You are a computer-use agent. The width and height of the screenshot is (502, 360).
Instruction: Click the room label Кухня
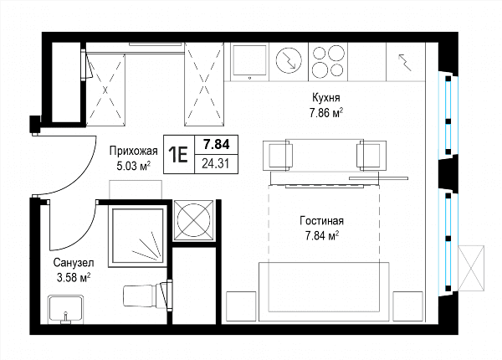click(x=326, y=98)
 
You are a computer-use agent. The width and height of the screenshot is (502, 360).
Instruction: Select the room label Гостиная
click(x=322, y=221)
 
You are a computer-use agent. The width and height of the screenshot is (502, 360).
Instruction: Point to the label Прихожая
click(x=134, y=151)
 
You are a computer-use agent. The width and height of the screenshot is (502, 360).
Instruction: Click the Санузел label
click(x=74, y=263)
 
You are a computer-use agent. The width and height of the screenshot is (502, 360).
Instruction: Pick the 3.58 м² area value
click(x=74, y=277)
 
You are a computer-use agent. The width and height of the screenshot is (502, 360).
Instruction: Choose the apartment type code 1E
click(x=178, y=155)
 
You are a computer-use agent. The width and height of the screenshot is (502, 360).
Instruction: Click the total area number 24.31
click(x=216, y=164)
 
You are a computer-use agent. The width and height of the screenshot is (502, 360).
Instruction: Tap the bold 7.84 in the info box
click(x=217, y=145)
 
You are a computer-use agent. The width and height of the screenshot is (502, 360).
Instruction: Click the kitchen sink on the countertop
click(x=249, y=60)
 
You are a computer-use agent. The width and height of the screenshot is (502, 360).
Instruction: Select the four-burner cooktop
click(x=329, y=61)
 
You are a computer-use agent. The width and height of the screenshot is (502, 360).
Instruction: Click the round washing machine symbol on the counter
click(x=289, y=60)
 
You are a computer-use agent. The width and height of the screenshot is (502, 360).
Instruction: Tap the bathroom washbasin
click(x=66, y=310)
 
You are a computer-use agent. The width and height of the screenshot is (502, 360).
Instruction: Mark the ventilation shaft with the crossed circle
click(x=193, y=220)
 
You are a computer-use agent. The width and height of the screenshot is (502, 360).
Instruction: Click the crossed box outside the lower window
click(x=471, y=268)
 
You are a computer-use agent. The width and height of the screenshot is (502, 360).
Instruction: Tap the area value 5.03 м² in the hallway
click(x=134, y=166)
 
